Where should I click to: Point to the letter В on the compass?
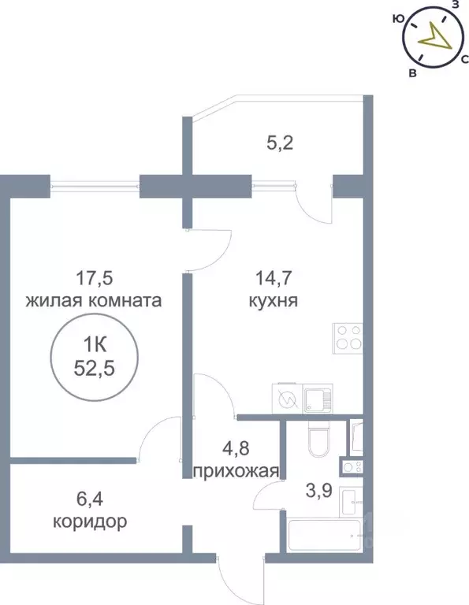[412, 73]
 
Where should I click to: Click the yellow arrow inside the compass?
[432, 35]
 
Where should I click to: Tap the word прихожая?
[236, 472]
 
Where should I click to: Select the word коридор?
[89, 521]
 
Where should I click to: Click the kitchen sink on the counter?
[318, 399]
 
